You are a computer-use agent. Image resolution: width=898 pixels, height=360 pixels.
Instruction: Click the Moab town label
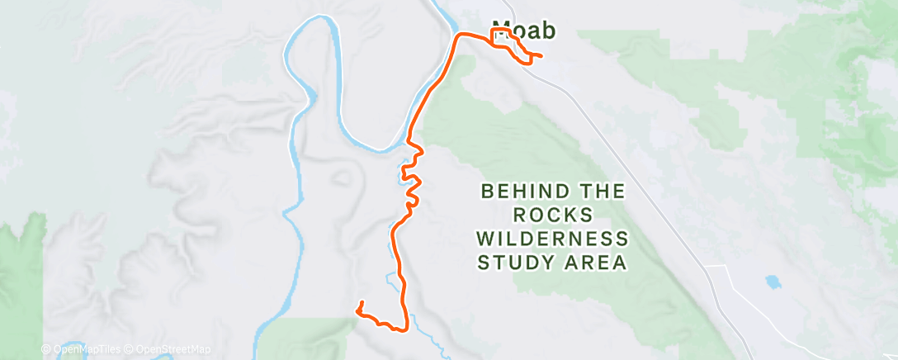(523, 30)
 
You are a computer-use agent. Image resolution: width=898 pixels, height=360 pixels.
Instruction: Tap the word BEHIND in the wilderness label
(518, 192)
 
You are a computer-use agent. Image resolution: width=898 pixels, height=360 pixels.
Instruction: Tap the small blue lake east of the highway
(773, 282)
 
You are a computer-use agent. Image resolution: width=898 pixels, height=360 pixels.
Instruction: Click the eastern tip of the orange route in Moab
(541, 56)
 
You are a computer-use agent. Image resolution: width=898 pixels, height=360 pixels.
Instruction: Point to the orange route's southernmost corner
(403, 330)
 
